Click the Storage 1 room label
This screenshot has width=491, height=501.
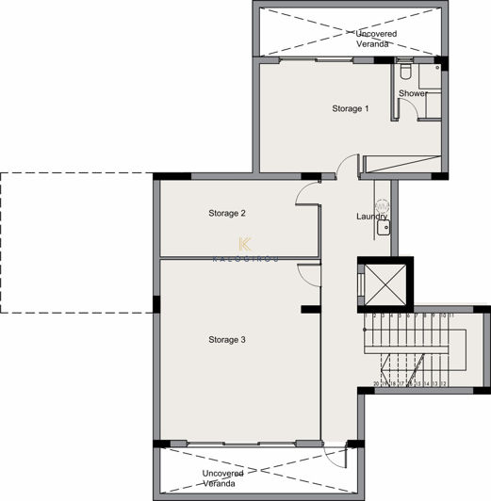coord(350,109)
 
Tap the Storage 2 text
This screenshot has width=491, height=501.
coord(227,214)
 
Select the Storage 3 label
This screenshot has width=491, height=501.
coord(227,339)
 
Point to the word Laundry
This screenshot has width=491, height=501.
coord(371,218)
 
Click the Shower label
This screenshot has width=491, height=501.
coord(412,94)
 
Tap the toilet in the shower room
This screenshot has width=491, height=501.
coord(405,71)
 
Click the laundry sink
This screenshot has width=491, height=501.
coord(383,226)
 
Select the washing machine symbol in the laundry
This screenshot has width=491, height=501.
coord(382,205)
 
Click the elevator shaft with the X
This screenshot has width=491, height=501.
coord(377,282)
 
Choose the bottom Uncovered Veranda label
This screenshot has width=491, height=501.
coord(222,478)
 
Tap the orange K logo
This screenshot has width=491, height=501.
coord(245,243)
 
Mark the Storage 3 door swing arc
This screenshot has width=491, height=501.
coord(310,273)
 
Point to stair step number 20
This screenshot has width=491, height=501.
coord(376,384)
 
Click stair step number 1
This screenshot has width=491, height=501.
coord(366,316)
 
